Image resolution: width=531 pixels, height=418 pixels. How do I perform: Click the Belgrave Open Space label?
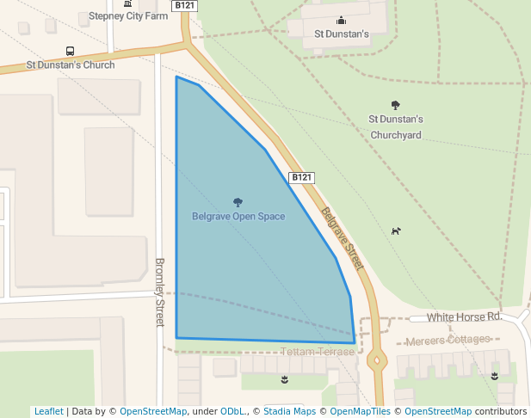pos(238,217)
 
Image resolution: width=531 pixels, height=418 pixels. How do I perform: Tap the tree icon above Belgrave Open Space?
pos(238,203)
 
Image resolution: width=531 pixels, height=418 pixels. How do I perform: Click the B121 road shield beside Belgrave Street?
pos(300,178)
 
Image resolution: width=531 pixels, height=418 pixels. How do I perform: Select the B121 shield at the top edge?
pos(184,5)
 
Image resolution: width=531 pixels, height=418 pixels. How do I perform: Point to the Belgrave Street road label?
pos(343,238)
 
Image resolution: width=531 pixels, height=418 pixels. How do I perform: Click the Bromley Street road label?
pos(159,292)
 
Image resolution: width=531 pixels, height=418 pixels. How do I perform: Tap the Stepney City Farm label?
pos(128,16)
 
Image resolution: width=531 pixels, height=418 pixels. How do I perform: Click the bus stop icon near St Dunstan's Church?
pos(70,51)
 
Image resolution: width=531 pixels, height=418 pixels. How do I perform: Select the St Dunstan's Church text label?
pos(71,65)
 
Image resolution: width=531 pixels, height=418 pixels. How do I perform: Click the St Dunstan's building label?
pos(342,34)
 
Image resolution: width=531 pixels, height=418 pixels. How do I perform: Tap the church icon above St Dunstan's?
pos(342,21)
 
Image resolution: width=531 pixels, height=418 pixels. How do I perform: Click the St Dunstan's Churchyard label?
pos(396,126)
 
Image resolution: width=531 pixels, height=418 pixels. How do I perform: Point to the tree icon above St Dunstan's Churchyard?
pos(396,105)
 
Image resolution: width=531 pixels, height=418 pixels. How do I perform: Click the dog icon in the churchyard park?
pos(396,231)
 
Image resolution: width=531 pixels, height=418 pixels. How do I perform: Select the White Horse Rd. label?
pos(464,317)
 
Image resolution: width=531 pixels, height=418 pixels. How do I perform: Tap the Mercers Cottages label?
pos(447,341)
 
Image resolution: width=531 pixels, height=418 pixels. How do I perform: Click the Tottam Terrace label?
pos(318,353)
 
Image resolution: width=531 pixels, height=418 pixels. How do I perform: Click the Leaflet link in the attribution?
pos(48,411)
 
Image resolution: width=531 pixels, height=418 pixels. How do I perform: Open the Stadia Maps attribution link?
pos(289,411)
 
